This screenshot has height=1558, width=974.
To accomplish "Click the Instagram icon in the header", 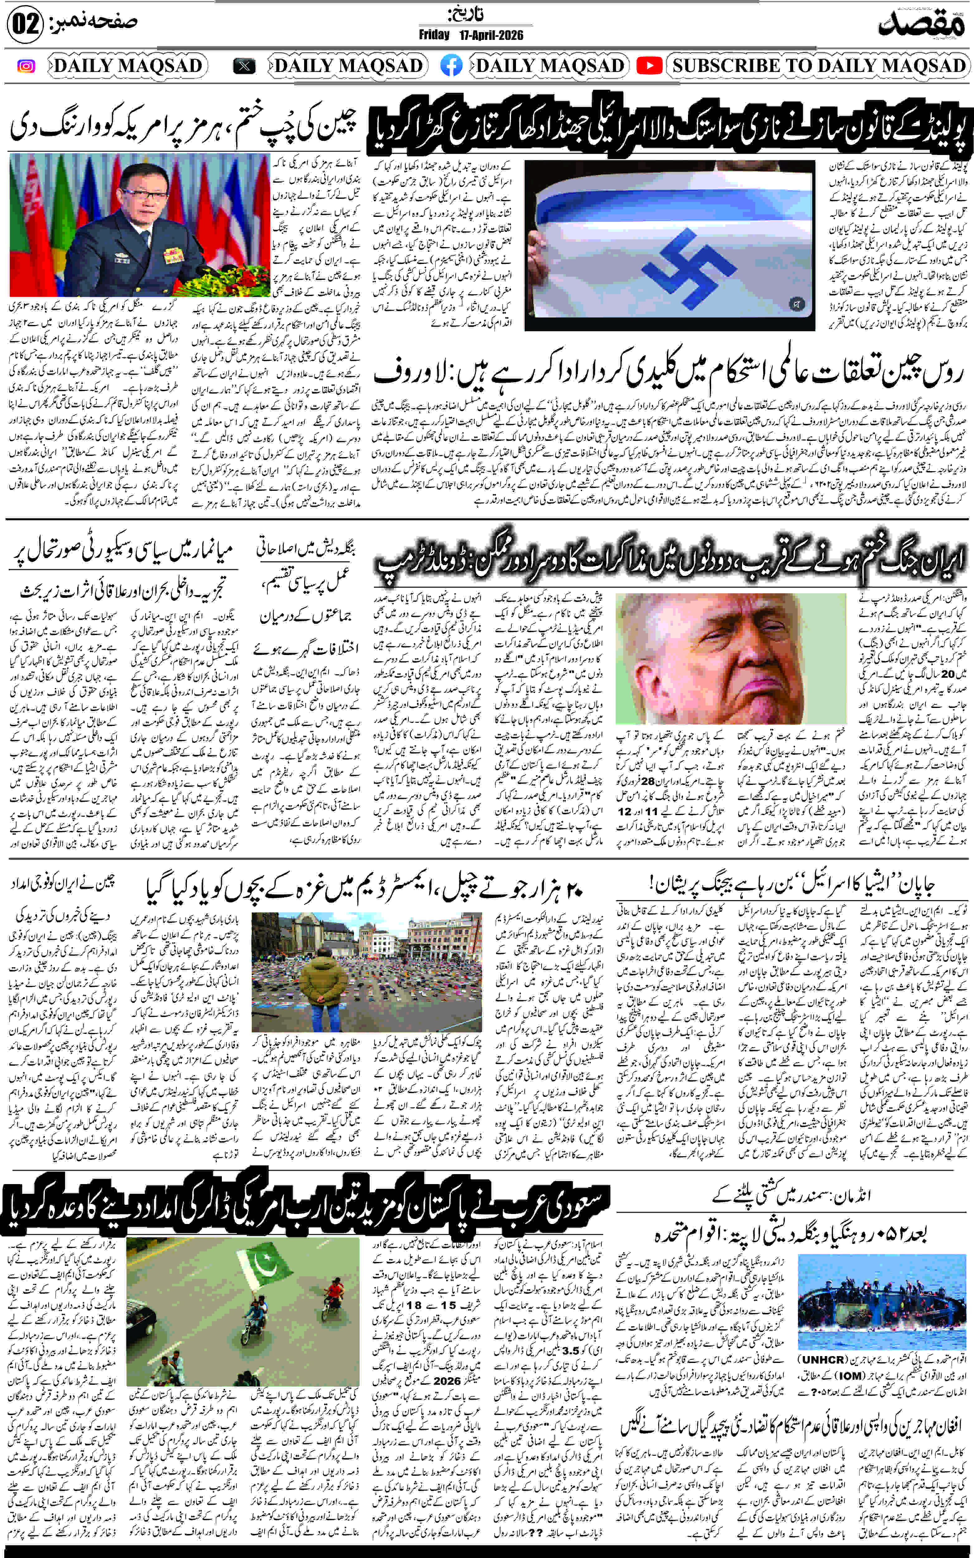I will click(26, 66).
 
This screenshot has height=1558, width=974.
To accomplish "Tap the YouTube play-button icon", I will click(649, 66).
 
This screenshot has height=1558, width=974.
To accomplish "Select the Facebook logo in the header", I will click(451, 66).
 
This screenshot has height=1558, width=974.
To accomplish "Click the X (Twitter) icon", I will click(244, 66).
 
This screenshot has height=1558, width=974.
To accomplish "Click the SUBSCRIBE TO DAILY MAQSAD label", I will click(819, 66).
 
